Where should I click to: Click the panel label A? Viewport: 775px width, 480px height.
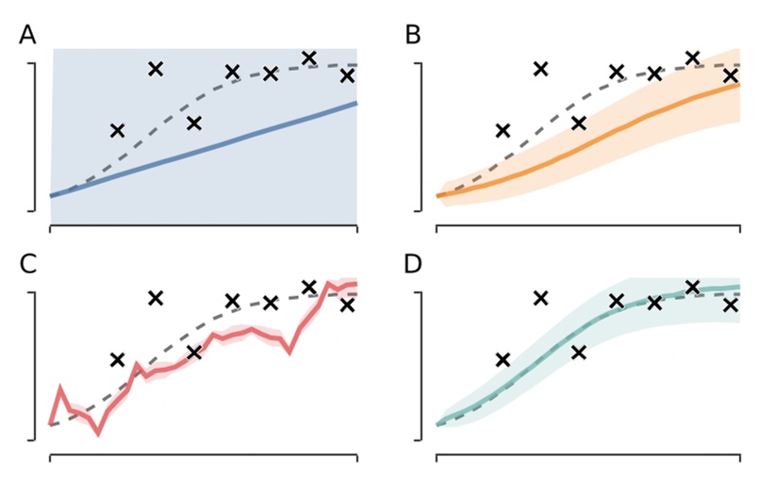click(29, 35)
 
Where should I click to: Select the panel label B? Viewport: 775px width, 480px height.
click(413, 35)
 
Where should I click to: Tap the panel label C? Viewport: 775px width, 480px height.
click(29, 264)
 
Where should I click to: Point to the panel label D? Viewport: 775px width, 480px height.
click(413, 264)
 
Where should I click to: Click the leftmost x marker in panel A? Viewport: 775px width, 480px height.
click(117, 130)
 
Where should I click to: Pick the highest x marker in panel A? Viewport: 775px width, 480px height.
click(308, 58)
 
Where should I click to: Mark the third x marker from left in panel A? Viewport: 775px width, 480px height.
click(193, 123)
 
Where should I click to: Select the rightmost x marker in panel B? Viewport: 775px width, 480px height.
click(730, 75)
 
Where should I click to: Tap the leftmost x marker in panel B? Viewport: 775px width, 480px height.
click(503, 130)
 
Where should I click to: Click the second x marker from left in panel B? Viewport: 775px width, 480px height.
click(540, 68)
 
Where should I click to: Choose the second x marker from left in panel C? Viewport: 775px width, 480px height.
click(156, 298)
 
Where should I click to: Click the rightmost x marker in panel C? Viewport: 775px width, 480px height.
click(347, 305)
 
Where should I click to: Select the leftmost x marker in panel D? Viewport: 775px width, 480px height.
click(503, 359)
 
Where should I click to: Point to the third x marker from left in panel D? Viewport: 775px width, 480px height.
click(579, 352)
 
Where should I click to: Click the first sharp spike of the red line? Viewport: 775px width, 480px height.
click(60, 388)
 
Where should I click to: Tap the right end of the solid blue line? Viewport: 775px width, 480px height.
click(356, 103)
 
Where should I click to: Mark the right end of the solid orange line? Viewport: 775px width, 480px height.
click(739, 84)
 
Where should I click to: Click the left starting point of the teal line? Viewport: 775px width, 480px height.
click(437, 425)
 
